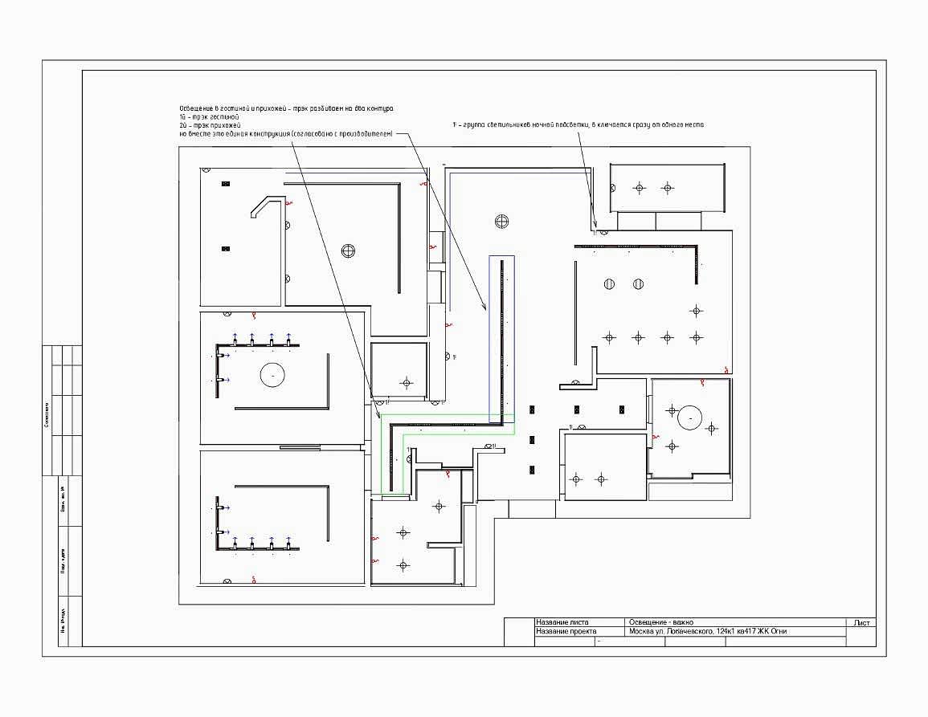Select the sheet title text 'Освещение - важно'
click(x=660, y=622)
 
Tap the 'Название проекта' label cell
click(x=566, y=632)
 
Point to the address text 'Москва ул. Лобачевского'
click(x=671, y=632)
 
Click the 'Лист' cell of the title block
click(x=861, y=622)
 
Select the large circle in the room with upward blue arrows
click(x=273, y=374)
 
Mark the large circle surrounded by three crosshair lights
click(x=690, y=418)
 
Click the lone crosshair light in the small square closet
click(x=407, y=383)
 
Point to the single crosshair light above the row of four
click(x=697, y=310)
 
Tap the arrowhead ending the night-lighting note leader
click(x=595, y=226)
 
